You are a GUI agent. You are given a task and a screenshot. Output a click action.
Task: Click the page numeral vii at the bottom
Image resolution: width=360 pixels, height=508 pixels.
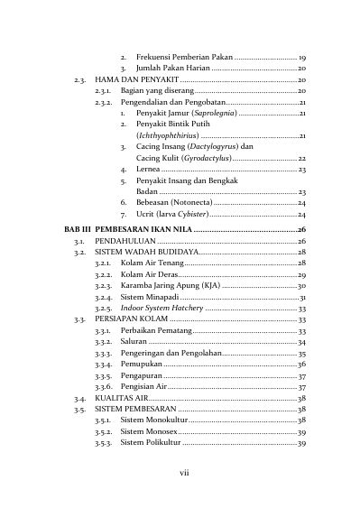[x=180, y=473]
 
